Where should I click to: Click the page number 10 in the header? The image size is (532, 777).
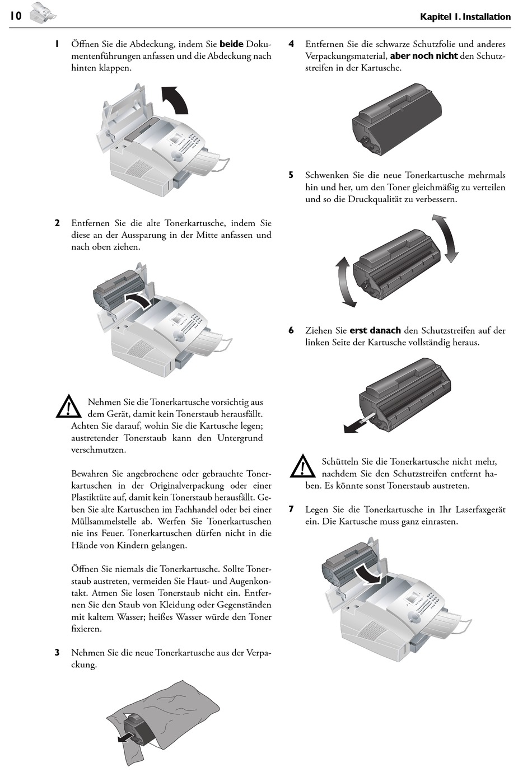[15, 16]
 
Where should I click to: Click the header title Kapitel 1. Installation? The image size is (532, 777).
[465, 17]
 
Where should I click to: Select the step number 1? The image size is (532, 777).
[57, 44]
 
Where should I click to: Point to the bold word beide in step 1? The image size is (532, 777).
[231, 44]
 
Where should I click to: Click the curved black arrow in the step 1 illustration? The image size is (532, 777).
[178, 100]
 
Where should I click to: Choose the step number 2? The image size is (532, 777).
[57, 223]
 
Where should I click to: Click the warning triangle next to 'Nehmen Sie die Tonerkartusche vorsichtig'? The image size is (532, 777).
[68, 406]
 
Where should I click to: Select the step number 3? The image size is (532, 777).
[57, 652]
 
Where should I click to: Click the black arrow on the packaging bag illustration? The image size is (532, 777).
[126, 738]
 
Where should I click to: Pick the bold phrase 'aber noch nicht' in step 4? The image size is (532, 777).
[423, 56]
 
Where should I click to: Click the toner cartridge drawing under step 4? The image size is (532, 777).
[396, 120]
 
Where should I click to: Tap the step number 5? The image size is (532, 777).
[291, 175]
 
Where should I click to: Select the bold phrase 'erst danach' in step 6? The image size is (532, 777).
[375, 330]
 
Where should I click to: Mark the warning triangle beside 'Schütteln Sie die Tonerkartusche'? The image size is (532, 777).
[302, 466]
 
